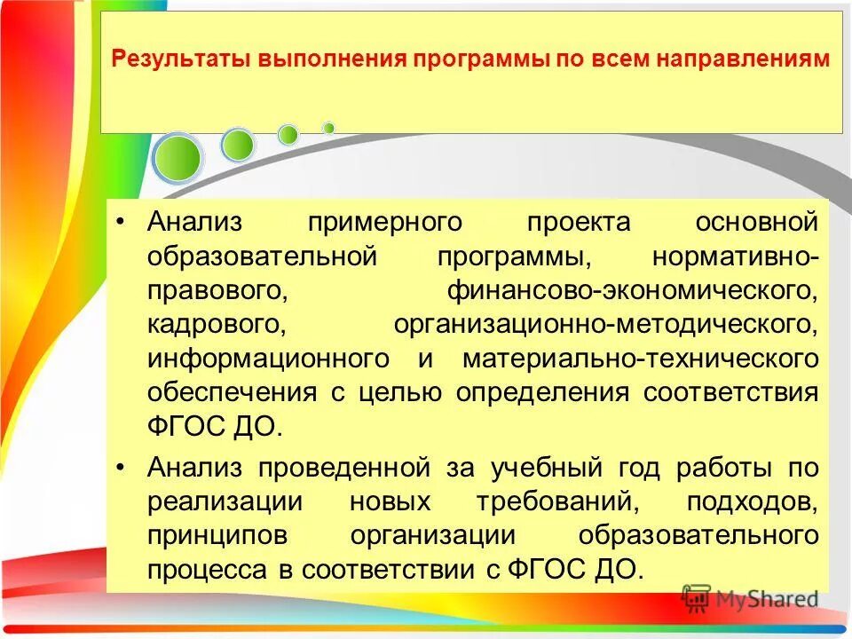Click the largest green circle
click(x=177, y=158)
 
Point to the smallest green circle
click(x=328, y=128)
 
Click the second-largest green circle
click(x=237, y=145)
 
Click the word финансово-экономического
click(x=631, y=290)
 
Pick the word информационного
click(x=268, y=359)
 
